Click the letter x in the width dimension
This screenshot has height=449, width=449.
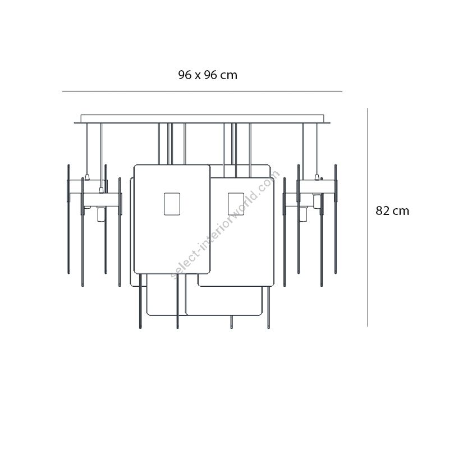click(198, 76)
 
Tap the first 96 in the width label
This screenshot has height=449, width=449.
click(185, 75)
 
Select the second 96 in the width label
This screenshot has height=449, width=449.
click(210, 75)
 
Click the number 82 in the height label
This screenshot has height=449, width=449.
click(382, 211)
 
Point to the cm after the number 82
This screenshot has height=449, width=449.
click(401, 212)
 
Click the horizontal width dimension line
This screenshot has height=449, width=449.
click(202, 91)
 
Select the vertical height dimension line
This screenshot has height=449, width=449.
click(368, 217)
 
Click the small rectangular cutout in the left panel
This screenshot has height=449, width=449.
click(172, 204)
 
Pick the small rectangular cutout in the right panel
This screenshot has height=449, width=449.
click(236, 204)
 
